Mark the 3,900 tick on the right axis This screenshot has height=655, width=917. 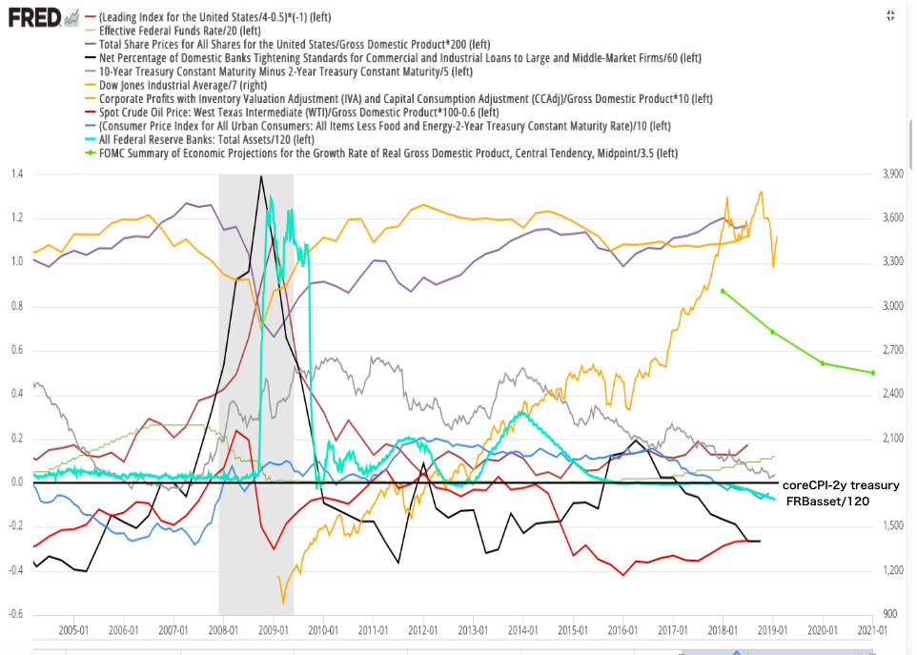(x=894, y=174)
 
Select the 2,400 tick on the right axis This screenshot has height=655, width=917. (x=894, y=394)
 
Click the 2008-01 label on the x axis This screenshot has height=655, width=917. (x=223, y=630)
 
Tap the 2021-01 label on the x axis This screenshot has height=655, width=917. (x=872, y=630)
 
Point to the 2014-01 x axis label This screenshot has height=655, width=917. (x=522, y=630)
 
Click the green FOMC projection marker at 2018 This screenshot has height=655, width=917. (x=723, y=291)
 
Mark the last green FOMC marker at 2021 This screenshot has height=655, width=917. (x=872, y=372)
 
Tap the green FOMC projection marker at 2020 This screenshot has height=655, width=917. (x=822, y=363)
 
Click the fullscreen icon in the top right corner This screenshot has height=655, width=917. (x=889, y=14)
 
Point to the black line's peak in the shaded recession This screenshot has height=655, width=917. (x=261, y=176)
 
